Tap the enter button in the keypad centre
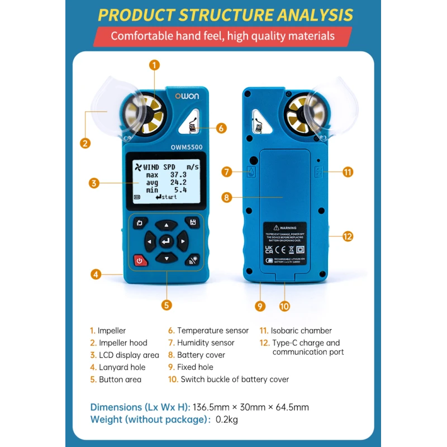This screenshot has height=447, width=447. (166, 241)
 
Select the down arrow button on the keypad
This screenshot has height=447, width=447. (166, 258)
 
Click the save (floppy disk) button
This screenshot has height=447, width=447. (192, 223)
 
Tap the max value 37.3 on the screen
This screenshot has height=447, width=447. (179, 175)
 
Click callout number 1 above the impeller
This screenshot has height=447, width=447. (155, 65)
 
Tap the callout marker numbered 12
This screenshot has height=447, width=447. (348, 236)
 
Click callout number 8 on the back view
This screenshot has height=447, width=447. (226, 197)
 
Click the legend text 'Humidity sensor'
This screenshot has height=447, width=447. (206, 343)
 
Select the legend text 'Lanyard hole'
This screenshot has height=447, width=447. (122, 368)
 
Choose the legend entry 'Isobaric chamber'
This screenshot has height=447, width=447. (302, 331)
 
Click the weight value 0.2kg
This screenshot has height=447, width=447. (226, 420)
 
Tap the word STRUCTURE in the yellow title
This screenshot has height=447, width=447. (226, 15)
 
